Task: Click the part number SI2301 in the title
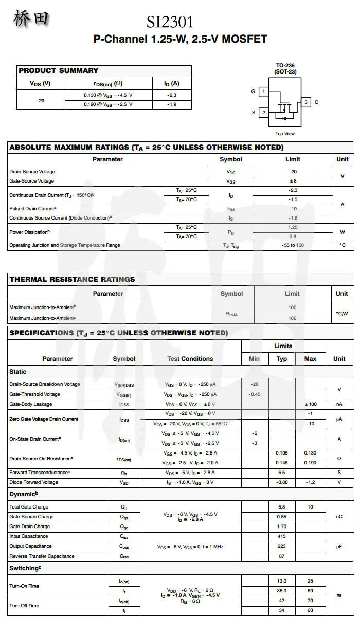(x=170, y=22)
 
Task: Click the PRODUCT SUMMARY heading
(x=58, y=70)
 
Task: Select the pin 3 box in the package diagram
(x=306, y=102)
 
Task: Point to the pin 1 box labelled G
(x=263, y=92)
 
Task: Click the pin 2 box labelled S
(x=263, y=112)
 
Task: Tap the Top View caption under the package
(x=285, y=134)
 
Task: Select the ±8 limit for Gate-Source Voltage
(x=293, y=181)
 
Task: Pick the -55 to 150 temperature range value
(x=293, y=245)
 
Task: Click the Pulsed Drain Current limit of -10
(x=293, y=209)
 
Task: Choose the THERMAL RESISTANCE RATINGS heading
(x=72, y=279)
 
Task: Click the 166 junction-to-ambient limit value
(x=292, y=318)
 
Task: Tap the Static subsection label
(x=18, y=372)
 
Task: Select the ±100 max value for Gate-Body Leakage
(x=310, y=404)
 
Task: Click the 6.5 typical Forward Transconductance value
(x=281, y=473)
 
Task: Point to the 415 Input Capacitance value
(x=281, y=536)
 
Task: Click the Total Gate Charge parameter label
(x=29, y=507)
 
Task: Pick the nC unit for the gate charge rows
(x=339, y=517)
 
